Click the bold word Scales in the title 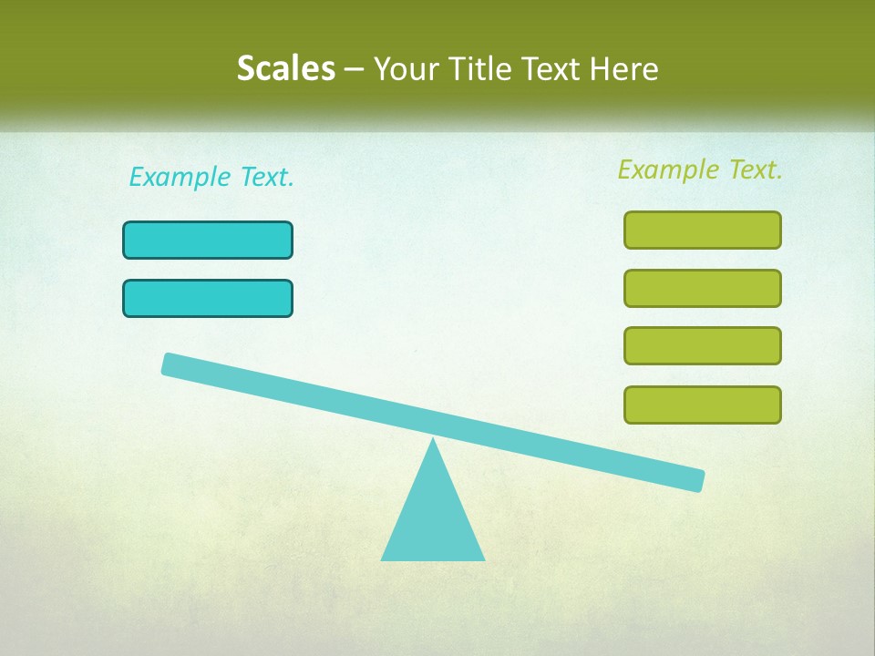[285, 69]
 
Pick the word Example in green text [668, 169]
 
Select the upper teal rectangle [208, 240]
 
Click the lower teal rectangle [208, 298]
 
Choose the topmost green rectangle [702, 230]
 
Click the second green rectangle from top [702, 288]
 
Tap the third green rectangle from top [702, 345]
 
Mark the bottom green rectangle [702, 405]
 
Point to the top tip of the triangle [433, 441]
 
